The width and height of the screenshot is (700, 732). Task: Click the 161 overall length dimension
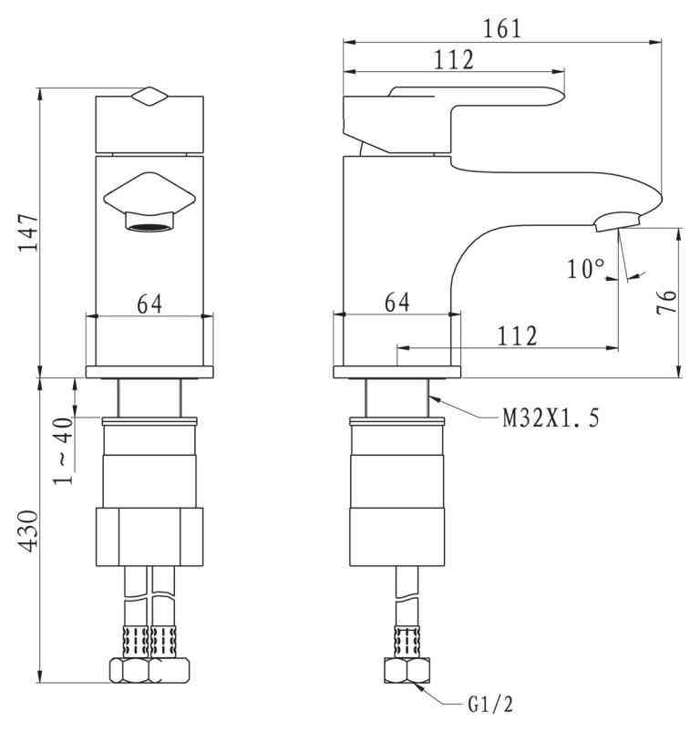[x=501, y=29]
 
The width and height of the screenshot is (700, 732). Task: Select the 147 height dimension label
[x=28, y=233]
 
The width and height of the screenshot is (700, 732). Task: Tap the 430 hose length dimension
[x=28, y=531]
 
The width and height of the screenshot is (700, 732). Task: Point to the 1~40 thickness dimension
[x=63, y=451]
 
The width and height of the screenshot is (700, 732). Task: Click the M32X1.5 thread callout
[x=551, y=418]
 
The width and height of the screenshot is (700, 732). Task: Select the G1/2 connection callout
[x=490, y=705]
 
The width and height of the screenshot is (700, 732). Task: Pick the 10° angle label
[x=586, y=269]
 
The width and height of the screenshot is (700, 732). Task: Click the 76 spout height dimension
[x=666, y=302]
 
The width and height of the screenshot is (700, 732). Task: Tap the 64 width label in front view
[x=149, y=304]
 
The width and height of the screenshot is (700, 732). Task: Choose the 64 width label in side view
[x=397, y=303]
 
